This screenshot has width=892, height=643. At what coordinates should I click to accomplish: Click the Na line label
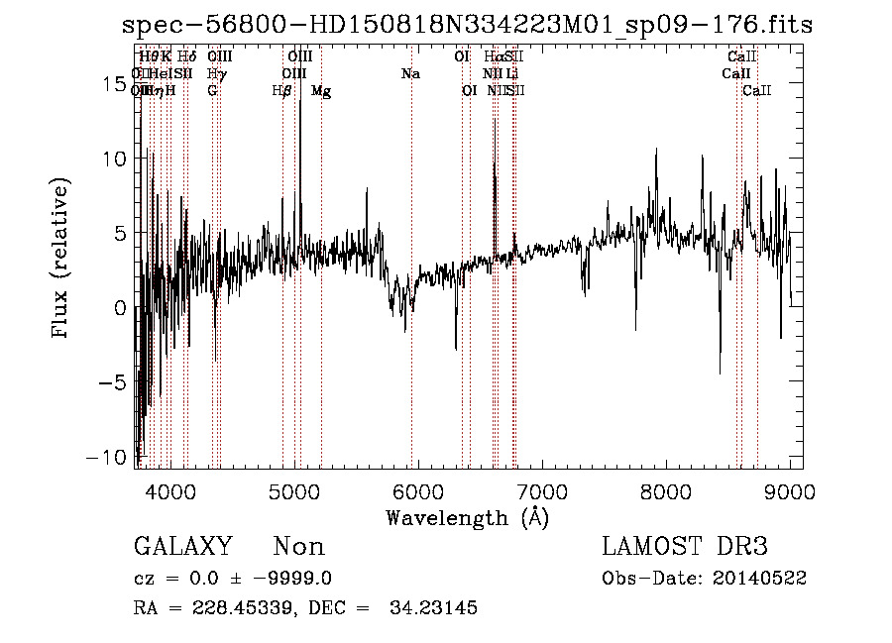pyautogui.click(x=410, y=73)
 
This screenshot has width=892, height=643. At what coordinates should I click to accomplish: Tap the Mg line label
pyautogui.click(x=321, y=91)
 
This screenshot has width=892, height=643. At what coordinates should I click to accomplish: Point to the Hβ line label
pyautogui.click(x=282, y=91)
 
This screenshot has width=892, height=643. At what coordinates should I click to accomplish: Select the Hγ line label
pyautogui.click(x=216, y=73)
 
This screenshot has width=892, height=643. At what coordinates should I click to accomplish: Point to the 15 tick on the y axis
pyautogui.click(x=115, y=84)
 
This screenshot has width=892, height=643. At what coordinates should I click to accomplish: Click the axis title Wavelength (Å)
pyautogui.click(x=467, y=517)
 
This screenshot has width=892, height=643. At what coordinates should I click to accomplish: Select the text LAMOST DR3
pyautogui.click(x=684, y=547)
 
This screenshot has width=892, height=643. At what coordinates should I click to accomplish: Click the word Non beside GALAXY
pyautogui.click(x=298, y=547)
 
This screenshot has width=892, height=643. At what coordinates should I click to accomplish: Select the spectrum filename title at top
pyautogui.click(x=467, y=27)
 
